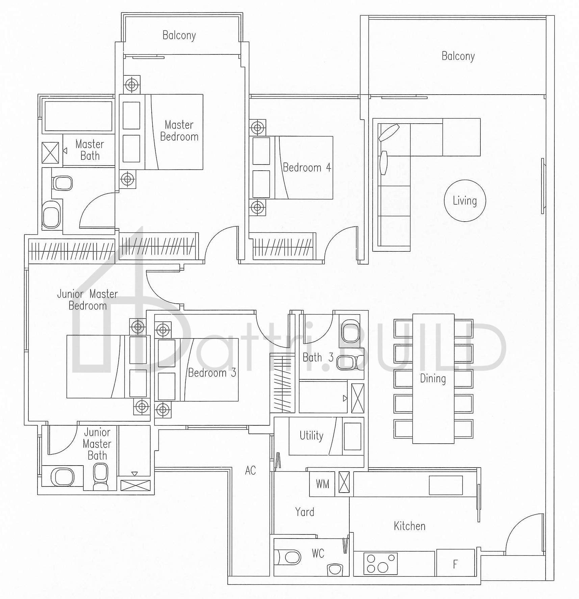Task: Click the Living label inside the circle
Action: click(465, 201)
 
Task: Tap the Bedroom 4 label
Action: click(307, 168)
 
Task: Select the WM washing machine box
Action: click(322, 484)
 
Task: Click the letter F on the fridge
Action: click(455, 564)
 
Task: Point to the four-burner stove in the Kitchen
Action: click(380, 564)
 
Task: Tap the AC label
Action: click(250, 470)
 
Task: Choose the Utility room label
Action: click(311, 435)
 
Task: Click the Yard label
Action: click(305, 512)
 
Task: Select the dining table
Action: click(433, 378)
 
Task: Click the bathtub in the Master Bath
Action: click(78, 116)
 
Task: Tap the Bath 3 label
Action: click(318, 357)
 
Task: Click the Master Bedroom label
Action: click(179, 131)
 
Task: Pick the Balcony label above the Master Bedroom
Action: click(179, 35)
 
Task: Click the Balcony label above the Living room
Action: click(458, 56)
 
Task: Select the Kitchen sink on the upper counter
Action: click(446, 485)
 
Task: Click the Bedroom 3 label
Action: click(212, 373)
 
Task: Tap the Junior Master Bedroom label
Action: click(87, 300)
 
